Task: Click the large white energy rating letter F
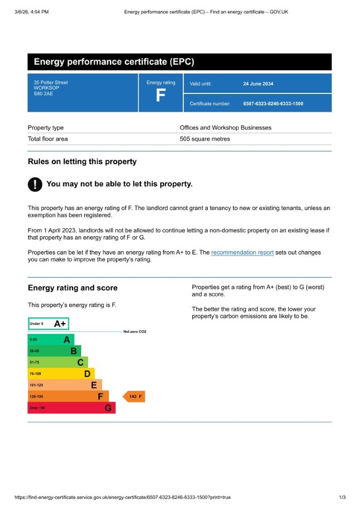[160, 96]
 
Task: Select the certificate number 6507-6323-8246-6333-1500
[273, 104]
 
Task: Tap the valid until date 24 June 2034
[258, 84]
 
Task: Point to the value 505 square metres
[205, 139]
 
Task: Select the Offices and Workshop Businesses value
[225, 128]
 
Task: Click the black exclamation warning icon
[34, 184]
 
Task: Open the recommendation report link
[242, 252]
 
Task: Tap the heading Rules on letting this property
[82, 162]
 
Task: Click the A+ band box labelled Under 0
[48, 324]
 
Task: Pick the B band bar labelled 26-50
[54, 351]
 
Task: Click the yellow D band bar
[61, 374]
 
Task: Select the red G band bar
[71, 408]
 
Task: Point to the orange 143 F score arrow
[134, 397]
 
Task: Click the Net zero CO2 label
[134, 332]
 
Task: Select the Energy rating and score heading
[73, 288]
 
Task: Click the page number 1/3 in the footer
[342, 497]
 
